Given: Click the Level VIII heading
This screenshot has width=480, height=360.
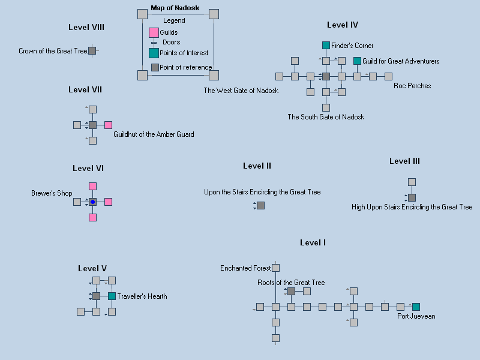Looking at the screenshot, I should (86, 27).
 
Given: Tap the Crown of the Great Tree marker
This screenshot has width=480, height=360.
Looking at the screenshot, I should (92, 51).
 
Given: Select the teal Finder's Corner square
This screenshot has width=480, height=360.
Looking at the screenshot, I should (326, 46).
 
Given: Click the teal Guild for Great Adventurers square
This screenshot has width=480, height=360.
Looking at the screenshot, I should (357, 61).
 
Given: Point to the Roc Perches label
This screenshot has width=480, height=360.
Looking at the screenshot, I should (412, 86).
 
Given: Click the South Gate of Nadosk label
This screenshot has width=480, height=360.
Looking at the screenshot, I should (326, 117).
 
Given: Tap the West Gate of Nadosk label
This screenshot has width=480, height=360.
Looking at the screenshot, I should (241, 91).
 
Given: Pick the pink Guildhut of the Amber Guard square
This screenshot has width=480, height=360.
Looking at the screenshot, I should (108, 125).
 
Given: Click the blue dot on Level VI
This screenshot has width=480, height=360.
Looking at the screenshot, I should (92, 202).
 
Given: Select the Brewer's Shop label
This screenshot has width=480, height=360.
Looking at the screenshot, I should (52, 193).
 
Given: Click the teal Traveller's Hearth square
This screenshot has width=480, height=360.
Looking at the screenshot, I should (112, 296).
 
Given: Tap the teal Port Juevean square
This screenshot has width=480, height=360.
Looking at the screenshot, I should (416, 307).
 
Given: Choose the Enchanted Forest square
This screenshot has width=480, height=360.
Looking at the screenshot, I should (275, 268).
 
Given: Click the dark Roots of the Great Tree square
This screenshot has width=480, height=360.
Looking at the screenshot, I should (291, 291).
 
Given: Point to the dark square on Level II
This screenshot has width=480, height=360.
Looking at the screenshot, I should (260, 205).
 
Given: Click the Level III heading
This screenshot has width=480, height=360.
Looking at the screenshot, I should (404, 161).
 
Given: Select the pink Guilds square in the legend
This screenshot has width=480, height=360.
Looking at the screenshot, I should (154, 32).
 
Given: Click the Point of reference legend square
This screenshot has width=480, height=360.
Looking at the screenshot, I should (155, 67).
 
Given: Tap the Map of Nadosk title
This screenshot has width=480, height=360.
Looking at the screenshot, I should (175, 8).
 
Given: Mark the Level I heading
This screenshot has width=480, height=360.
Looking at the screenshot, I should (313, 242).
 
